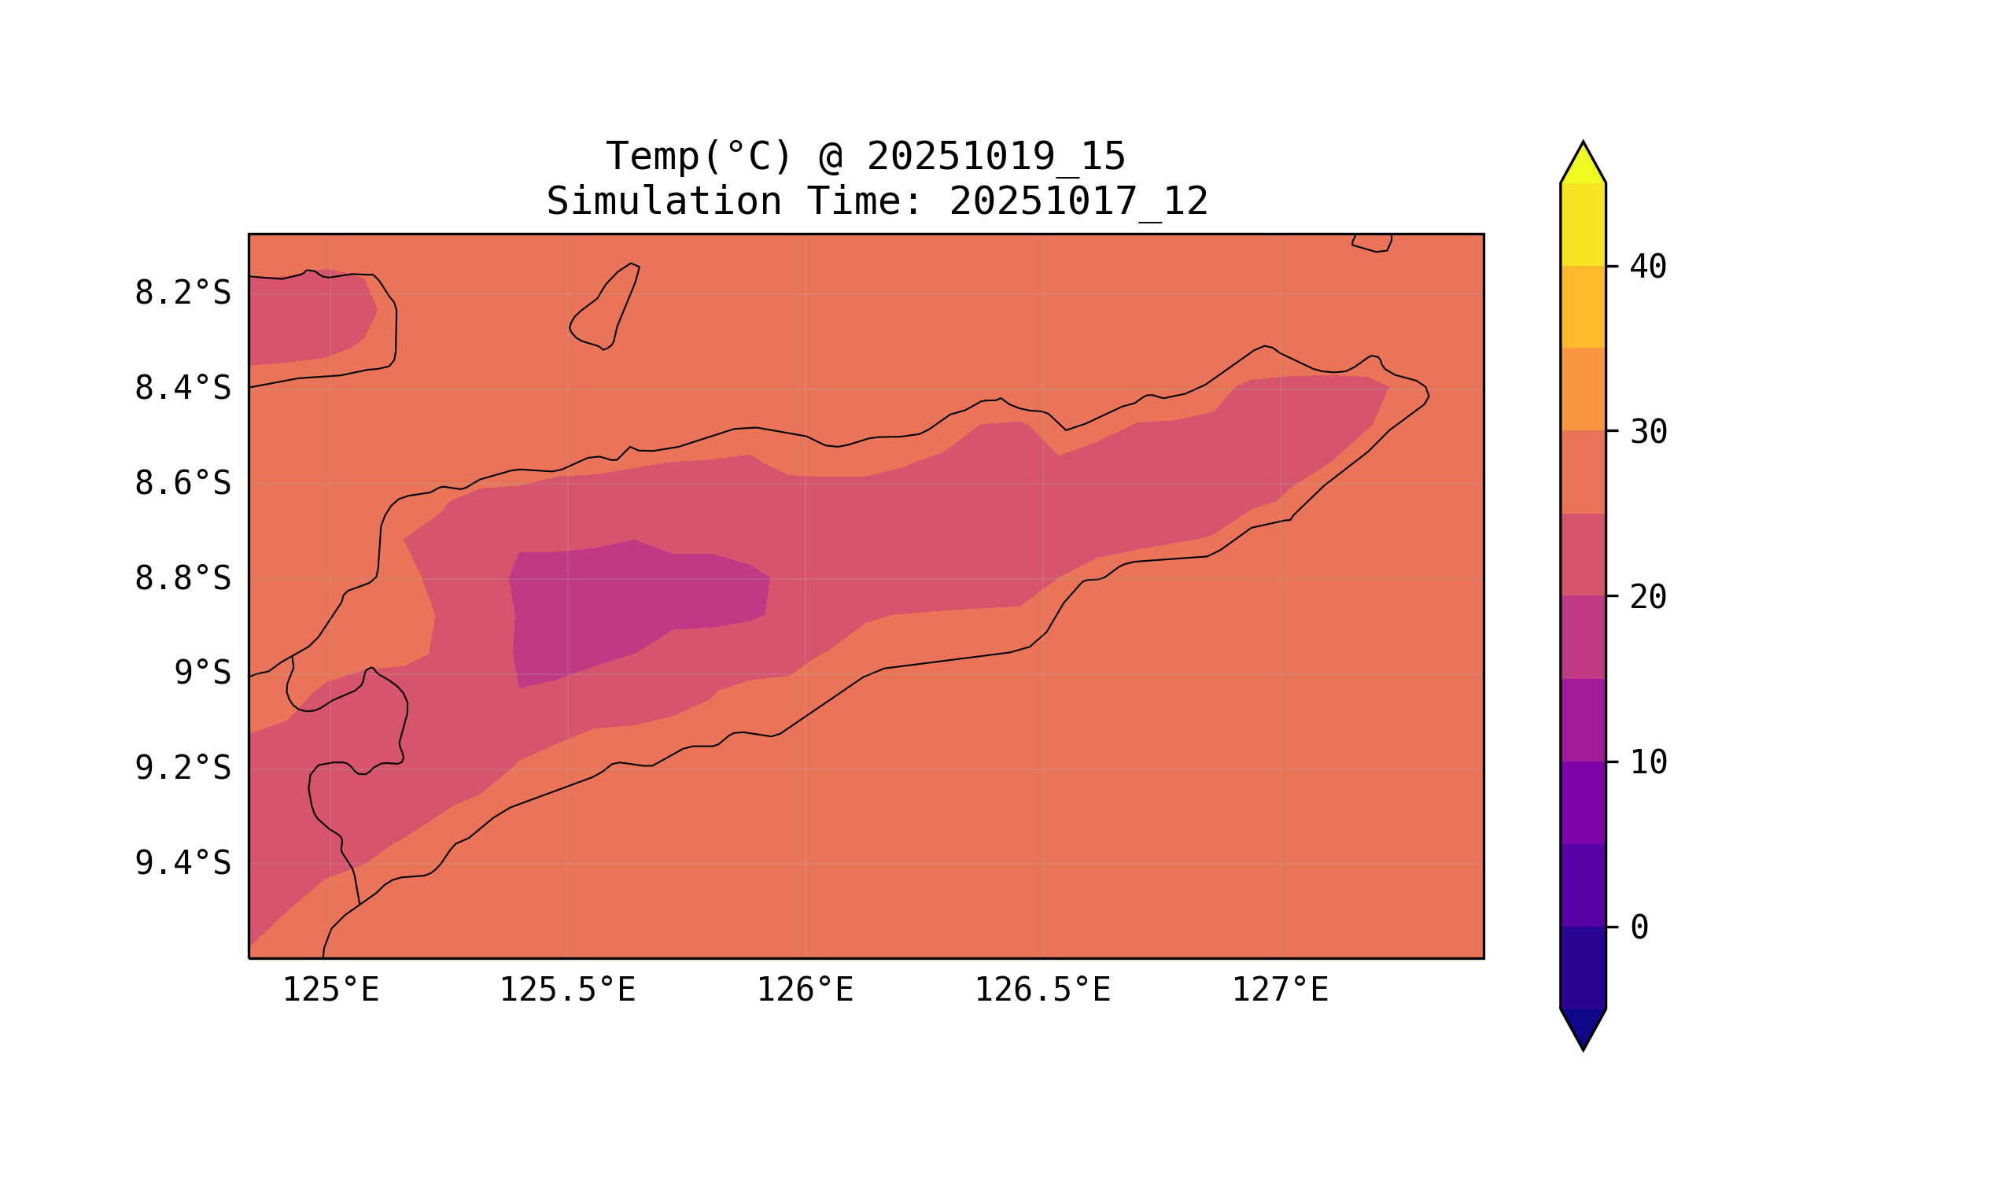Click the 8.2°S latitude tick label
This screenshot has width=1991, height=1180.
click(x=182, y=293)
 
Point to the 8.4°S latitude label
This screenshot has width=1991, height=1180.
click(x=182, y=389)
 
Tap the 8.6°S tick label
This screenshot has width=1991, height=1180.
click(x=182, y=484)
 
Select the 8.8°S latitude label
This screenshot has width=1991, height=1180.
click(x=182, y=579)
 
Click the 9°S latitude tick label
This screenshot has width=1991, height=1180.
click(x=202, y=673)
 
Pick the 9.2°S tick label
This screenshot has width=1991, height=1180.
click(x=182, y=769)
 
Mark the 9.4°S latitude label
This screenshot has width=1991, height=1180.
click(x=182, y=864)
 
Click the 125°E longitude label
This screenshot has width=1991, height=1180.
click(x=330, y=990)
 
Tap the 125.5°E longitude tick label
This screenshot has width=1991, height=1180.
click(x=567, y=990)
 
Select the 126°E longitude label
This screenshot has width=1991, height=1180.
click(x=805, y=990)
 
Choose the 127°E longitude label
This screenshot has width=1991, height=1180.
click(x=1279, y=990)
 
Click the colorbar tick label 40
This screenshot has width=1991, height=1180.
click(x=1647, y=267)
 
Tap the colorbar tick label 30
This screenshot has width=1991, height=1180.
click(x=1647, y=433)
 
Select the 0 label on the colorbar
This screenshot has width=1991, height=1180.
click(x=1639, y=928)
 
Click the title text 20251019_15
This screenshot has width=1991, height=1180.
click(x=996, y=157)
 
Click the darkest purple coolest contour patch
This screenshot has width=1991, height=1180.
click(x=629, y=612)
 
